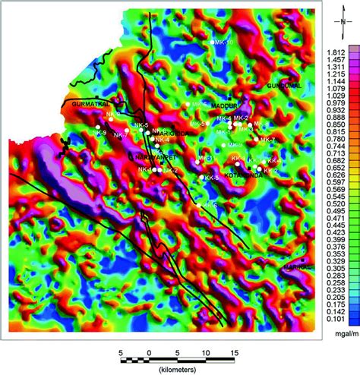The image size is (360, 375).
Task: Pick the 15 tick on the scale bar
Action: tap(235, 353)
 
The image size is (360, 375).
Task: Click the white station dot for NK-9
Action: tap(97, 127)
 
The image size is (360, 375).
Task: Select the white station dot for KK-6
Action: tap(200, 205)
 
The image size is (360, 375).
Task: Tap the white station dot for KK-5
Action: tap(202, 178)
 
